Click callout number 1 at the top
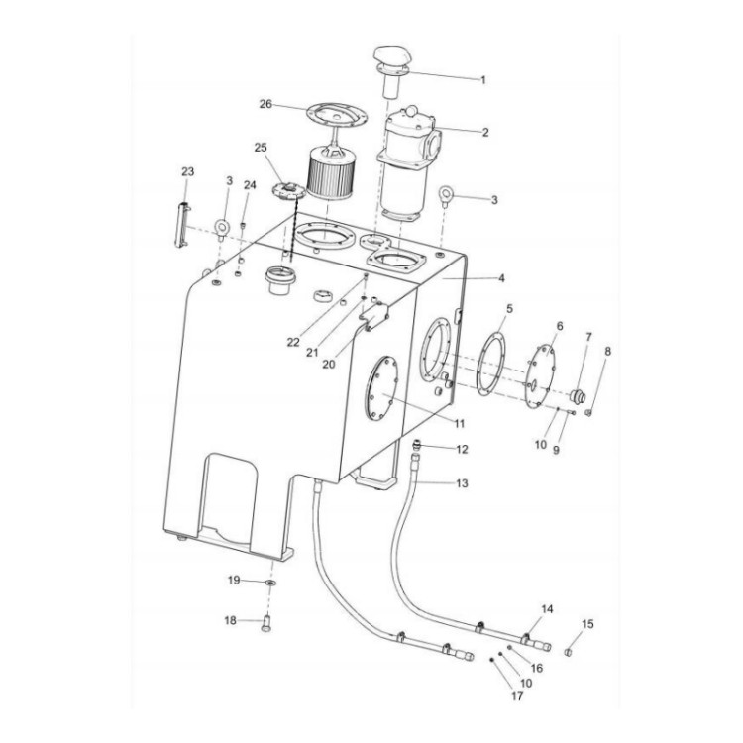(x=482, y=80)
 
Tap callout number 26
(x=265, y=104)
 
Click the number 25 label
(x=261, y=148)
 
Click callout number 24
(x=250, y=185)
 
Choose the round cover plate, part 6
(x=542, y=372)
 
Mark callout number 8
(x=607, y=351)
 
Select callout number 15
(x=587, y=624)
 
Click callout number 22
(x=292, y=342)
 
